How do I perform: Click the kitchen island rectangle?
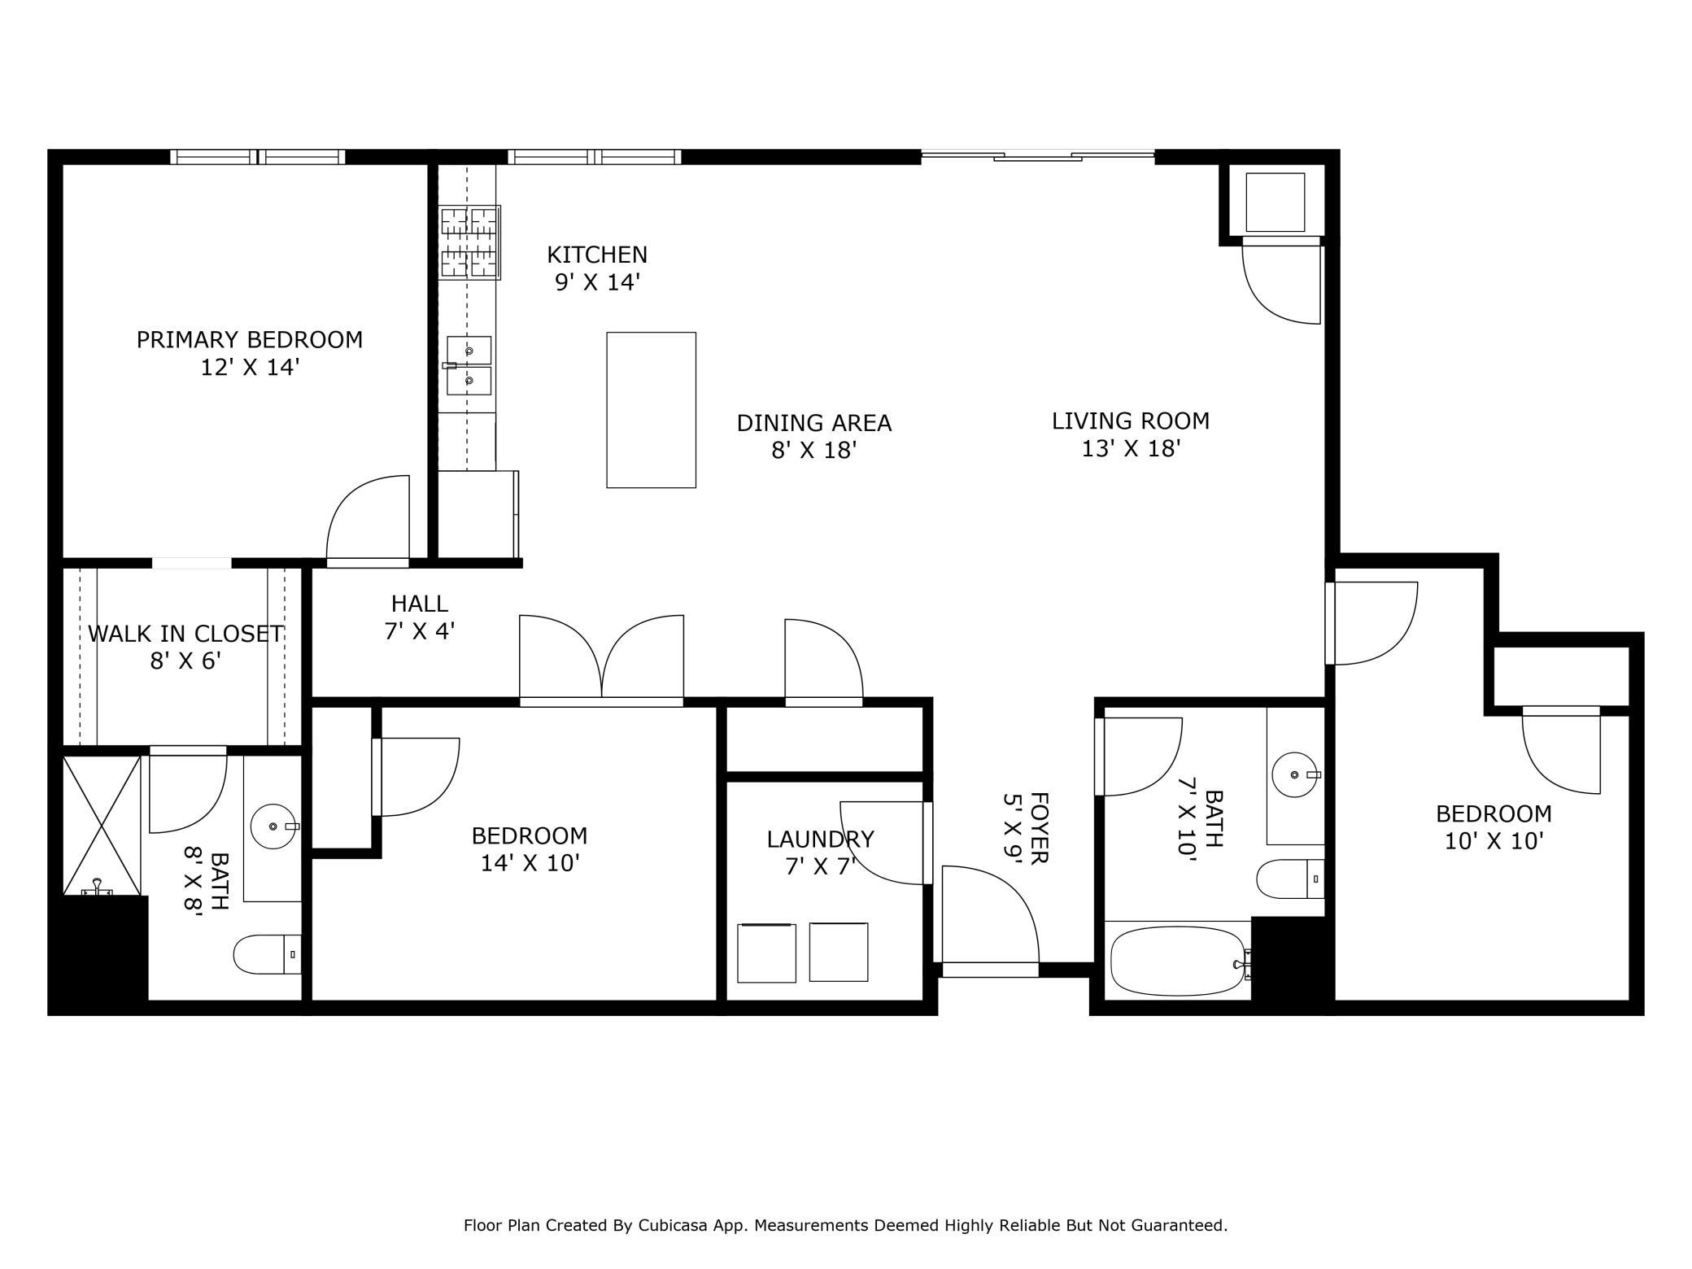pyautogui.click(x=651, y=410)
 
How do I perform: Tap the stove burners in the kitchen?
pyautogui.click(x=469, y=242)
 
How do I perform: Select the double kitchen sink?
pyautogui.click(x=469, y=365)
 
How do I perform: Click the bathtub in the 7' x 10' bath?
pyautogui.click(x=1178, y=961)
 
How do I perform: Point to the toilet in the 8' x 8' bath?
pyautogui.click(x=268, y=954)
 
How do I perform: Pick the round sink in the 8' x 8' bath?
pyautogui.click(x=273, y=826)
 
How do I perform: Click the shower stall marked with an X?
pyautogui.click(x=102, y=826)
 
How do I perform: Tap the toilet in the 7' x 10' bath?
pyautogui.click(x=1290, y=879)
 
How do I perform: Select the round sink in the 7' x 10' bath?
pyautogui.click(x=1295, y=775)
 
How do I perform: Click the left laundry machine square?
pyautogui.click(x=766, y=953)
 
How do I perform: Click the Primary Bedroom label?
pyautogui.click(x=250, y=339)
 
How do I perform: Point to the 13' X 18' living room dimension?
pyautogui.click(x=1131, y=448)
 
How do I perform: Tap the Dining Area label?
pyautogui.click(x=814, y=423)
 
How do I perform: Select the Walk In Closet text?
pyautogui.click(x=185, y=634)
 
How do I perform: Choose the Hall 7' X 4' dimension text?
pyautogui.click(x=420, y=630)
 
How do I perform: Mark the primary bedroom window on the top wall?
pyautogui.click(x=258, y=157)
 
